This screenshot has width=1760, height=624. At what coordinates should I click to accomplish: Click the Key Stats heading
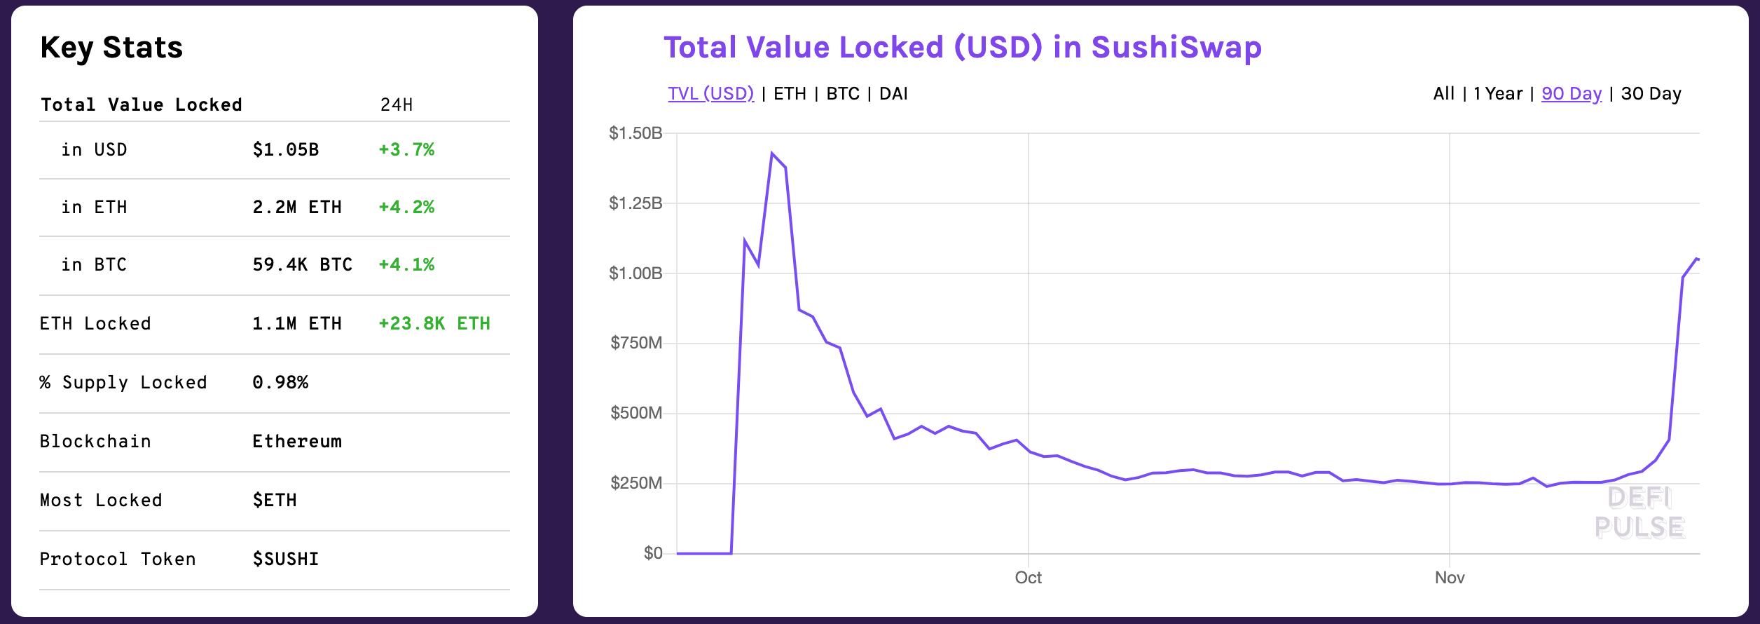111,48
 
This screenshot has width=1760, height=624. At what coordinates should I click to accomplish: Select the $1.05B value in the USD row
286,149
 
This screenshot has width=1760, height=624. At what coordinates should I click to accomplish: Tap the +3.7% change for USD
406,149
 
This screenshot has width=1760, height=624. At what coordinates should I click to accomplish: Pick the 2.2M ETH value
297,207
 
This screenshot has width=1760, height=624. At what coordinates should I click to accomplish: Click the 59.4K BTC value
302,264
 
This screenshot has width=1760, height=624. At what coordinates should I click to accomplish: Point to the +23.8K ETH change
434,323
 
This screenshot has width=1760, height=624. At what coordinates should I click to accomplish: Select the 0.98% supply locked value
280,382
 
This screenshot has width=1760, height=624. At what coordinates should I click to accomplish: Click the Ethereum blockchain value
297,441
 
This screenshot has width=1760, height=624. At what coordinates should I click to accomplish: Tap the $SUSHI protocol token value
286,559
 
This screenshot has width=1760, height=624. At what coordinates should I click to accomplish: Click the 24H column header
397,104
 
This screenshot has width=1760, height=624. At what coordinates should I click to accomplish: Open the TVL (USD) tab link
710,93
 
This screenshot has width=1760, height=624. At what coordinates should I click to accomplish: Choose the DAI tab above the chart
893,93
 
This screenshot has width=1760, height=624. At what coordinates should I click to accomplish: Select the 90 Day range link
1572,93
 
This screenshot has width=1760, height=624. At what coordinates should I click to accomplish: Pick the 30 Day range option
1651,93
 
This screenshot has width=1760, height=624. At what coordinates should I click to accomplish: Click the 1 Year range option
1498,93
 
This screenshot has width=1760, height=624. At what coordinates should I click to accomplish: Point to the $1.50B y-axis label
635,133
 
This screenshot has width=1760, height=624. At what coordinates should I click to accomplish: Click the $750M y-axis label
636,343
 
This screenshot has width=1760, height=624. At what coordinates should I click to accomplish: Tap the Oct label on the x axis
1028,578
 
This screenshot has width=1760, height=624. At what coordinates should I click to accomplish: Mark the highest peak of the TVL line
772,154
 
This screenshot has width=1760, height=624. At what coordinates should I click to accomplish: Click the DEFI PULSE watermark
1639,513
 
